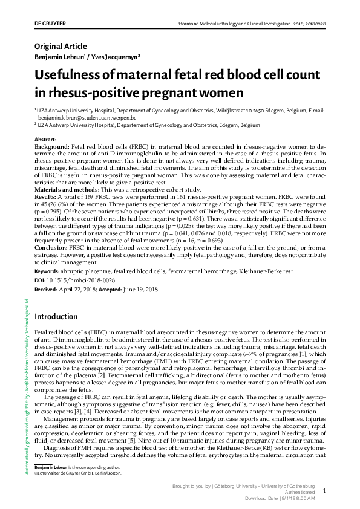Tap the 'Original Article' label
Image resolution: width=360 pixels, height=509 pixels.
(61, 47)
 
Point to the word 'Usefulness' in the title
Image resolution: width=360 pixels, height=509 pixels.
(76, 76)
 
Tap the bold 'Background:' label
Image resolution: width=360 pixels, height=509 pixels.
(52, 147)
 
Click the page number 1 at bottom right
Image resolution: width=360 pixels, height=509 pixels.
(325, 491)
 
